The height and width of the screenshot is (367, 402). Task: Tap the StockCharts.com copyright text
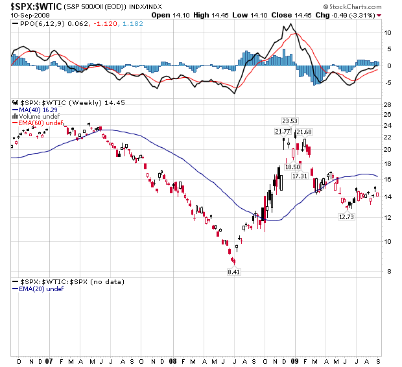tap(357, 6)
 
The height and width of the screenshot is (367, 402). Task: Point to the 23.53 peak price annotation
tap(289, 121)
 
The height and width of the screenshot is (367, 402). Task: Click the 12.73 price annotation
tap(346, 217)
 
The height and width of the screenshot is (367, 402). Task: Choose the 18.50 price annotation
tap(292, 167)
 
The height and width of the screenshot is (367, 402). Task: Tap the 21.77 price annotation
tap(283, 132)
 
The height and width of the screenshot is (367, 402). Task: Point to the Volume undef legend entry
tap(36, 117)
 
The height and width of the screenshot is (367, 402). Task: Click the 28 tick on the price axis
tap(387, 104)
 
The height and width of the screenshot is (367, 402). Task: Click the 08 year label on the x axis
tap(172, 361)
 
